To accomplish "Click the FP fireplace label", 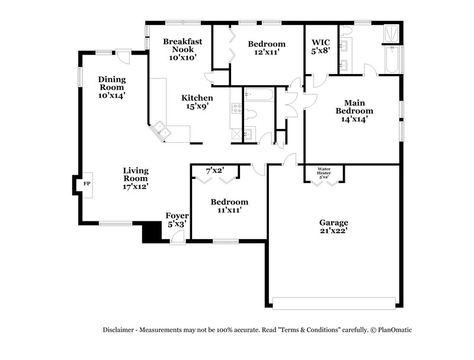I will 87,184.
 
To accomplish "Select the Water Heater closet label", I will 324,173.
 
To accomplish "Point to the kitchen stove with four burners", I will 236,109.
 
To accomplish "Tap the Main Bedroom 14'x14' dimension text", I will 354,119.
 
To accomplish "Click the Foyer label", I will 177,220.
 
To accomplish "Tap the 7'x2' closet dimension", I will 214,171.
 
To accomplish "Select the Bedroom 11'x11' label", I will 229,205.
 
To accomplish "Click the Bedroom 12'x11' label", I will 266,48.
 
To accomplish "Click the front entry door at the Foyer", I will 177,237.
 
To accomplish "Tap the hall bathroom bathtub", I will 258,95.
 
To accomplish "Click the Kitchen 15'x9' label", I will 197,102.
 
